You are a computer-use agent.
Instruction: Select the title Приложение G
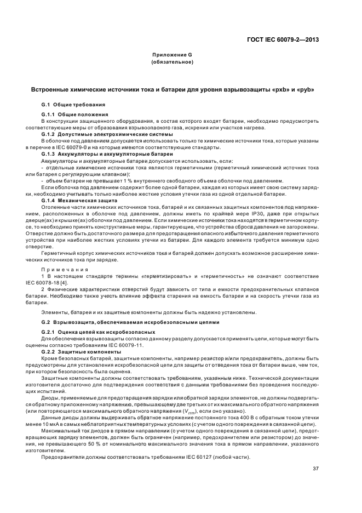172,55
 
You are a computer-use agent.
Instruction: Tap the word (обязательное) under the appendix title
172,62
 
